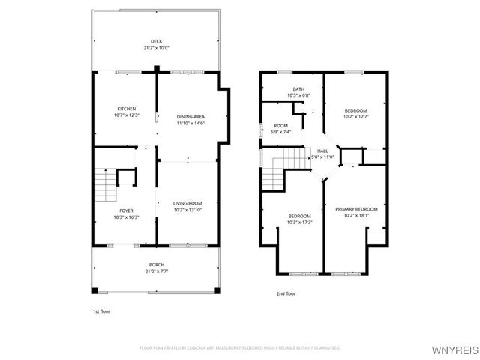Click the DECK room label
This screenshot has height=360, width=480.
click(156, 41)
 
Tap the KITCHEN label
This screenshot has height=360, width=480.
click(126, 109)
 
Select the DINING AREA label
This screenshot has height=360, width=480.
click(190, 117)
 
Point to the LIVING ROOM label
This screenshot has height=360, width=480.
click(187, 203)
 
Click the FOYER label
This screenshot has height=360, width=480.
click(126, 211)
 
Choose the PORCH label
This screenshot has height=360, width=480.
click(156, 265)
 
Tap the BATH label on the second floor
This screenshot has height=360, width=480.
click(298, 89)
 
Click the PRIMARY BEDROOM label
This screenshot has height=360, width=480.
click(356, 209)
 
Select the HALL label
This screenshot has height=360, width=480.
click(322, 151)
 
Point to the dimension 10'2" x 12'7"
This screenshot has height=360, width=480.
click(356, 116)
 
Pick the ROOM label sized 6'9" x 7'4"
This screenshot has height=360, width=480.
click(280, 126)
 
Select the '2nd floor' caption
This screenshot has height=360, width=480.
click(285, 293)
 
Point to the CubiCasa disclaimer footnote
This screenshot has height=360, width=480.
click(240, 348)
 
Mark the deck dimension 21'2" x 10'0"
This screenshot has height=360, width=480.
click(156, 48)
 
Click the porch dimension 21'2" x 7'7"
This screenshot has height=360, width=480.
click(156, 271)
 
